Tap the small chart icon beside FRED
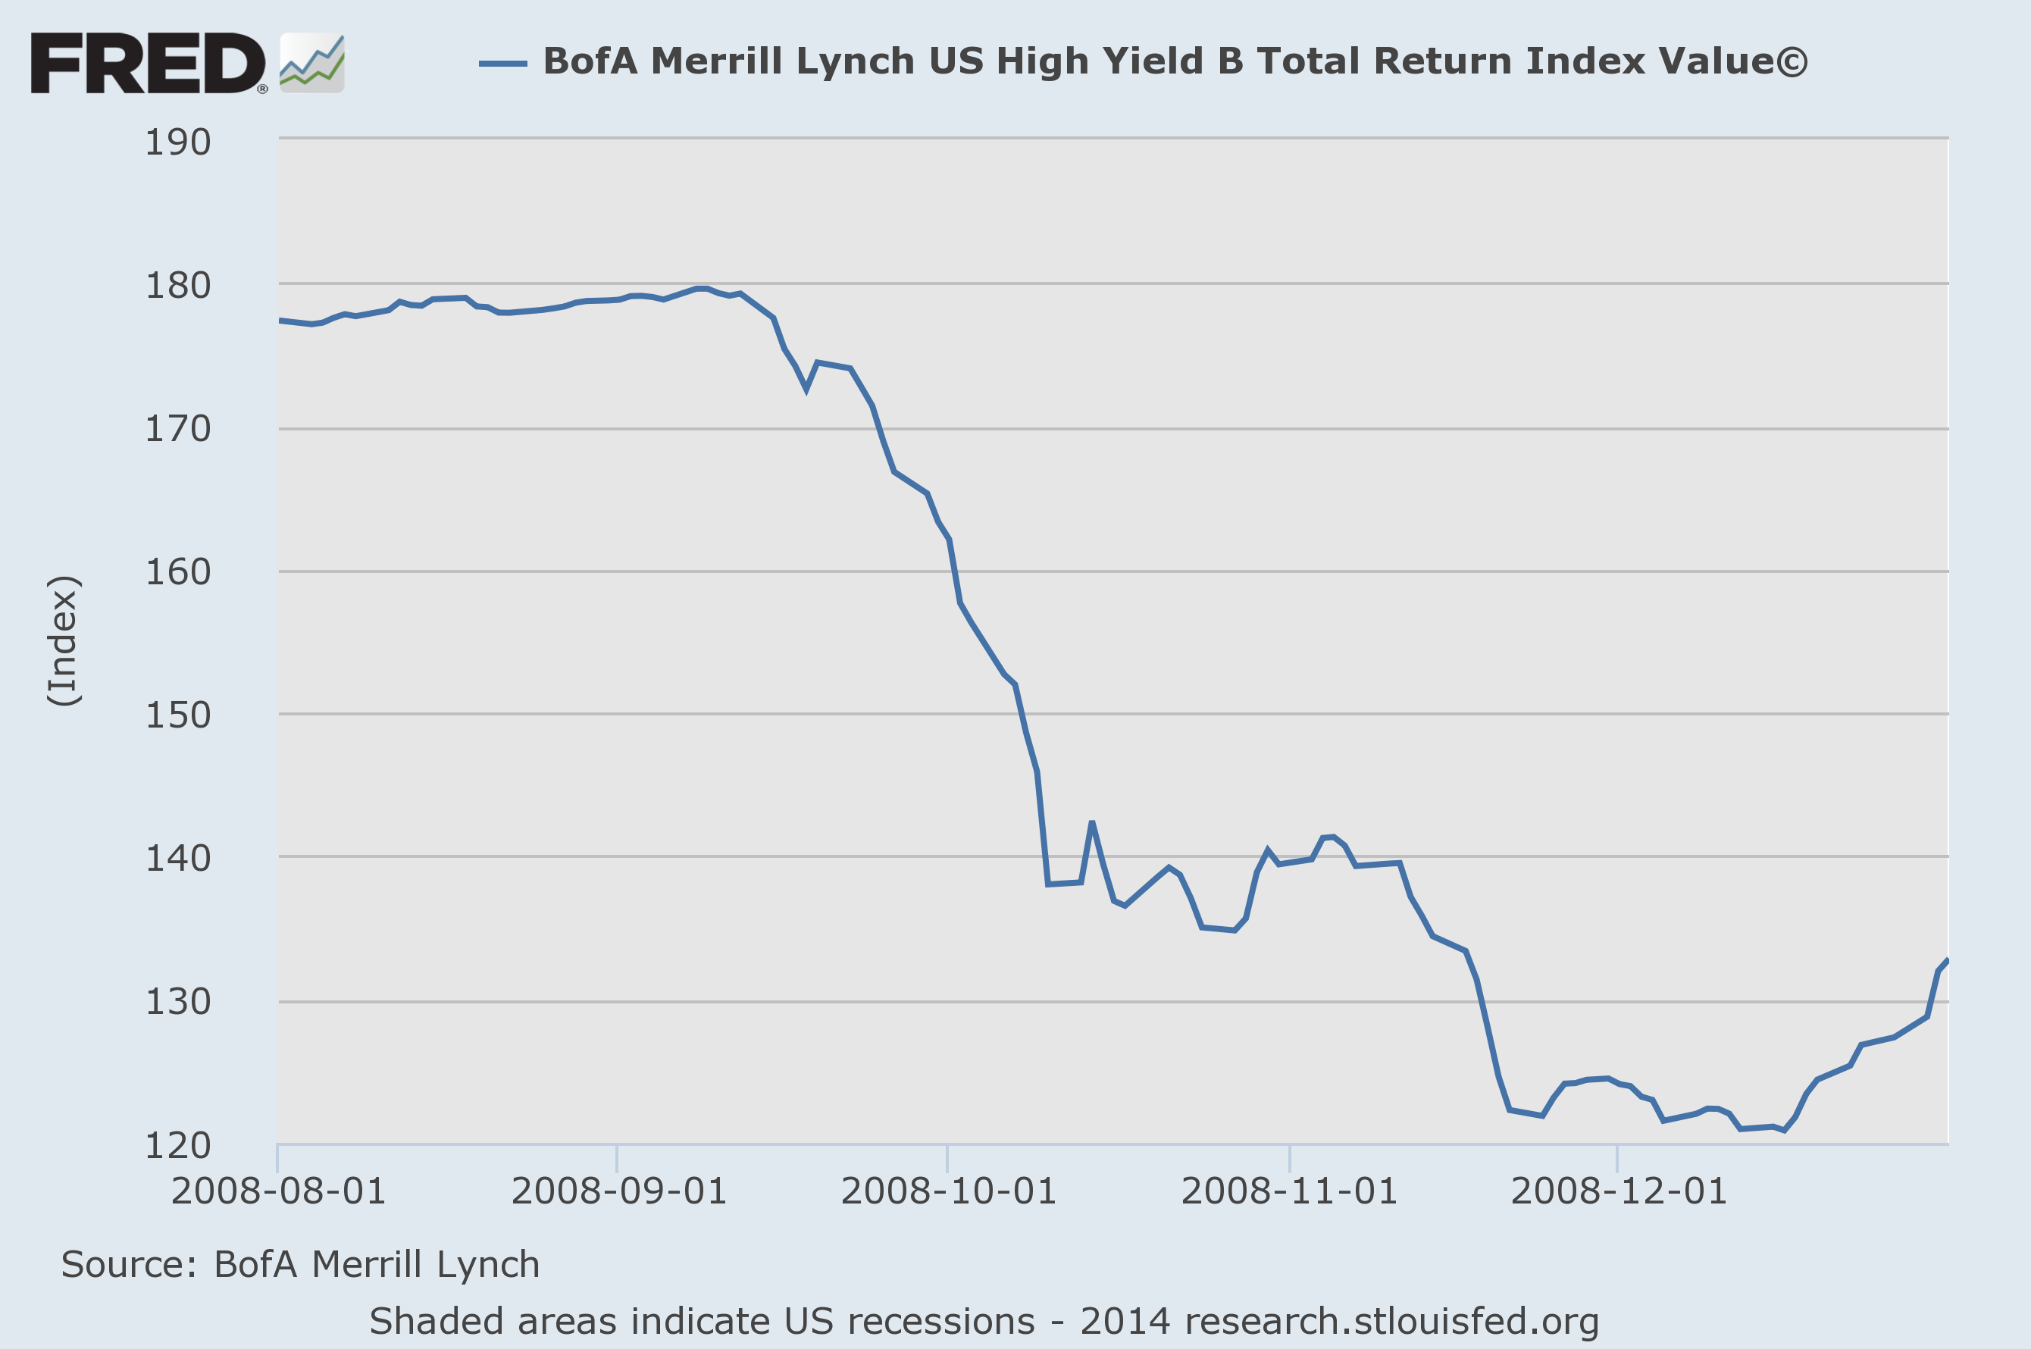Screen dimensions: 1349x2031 pyautogui.click(x=312, y=64)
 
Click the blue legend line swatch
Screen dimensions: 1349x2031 pyautogui.click(x=502, y=63)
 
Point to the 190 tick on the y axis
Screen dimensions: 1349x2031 pyautogui.click(x=178, y=142)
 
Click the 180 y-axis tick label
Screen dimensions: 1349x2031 pyautogui.click(x=178, y=286)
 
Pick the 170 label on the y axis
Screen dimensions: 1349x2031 pyautogui.click(x=178, y=429)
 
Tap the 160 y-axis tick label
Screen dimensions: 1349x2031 pyautogui.click(x=178, y=572)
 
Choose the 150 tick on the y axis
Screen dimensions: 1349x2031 pyautogui.click(x=178, y=715)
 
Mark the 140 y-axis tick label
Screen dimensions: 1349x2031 pyautogui.click(x=178, y=859)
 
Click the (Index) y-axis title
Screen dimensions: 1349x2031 pyautogui.click(x=64, y=641)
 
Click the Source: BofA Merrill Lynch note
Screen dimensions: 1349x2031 pyautogui.click(x=300, y=1265)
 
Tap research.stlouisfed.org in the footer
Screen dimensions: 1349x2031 pyautogui.click(x=1391, y=1322)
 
